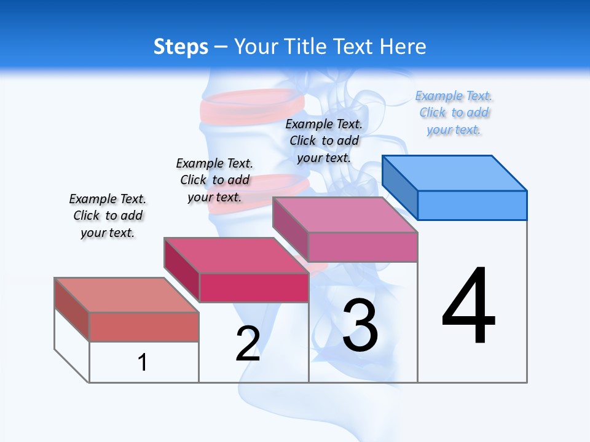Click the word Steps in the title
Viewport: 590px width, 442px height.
(x=180, y=47)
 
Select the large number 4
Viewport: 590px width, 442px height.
(x=468, y=306)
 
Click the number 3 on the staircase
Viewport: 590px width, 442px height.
(x=360, y=325)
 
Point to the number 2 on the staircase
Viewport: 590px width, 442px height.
(x=248, y=344)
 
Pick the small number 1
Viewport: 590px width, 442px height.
(x=142, y=362)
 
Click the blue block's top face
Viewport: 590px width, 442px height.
(x=455, y=173)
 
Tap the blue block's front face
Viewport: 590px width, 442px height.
(x=472, y=205)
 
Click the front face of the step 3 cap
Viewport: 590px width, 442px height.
(x=363, y=247)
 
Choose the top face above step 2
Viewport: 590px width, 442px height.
(x=236, y=255)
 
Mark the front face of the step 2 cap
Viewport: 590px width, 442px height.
(x=253, y=287)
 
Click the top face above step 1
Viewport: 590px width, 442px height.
(x=127, y=295)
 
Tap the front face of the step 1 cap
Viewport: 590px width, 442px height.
(x=144, y=327)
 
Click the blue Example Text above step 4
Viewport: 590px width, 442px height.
(x=454, y=113)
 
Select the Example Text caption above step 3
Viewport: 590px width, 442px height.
(x=324, y=141)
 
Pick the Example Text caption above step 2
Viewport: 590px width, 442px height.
(x=214, y=180)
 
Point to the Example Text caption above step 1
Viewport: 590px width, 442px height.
(x=108, y=215)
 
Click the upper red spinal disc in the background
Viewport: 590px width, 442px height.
(x=252, y=106)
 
